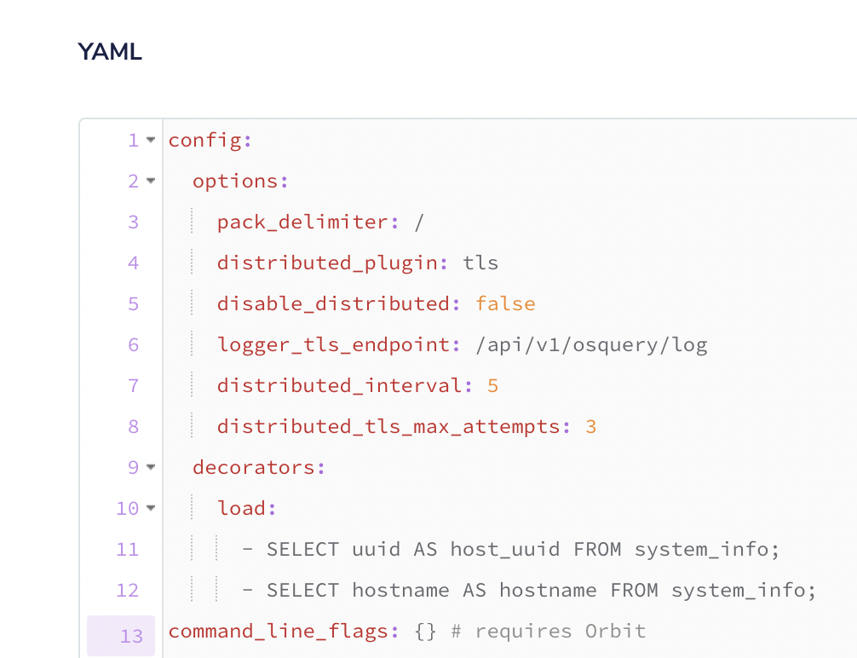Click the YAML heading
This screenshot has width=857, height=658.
click(x=110, y=52)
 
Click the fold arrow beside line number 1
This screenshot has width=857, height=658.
click(x=151, y=140)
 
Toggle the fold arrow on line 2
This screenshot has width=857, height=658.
click(x=151, y=181)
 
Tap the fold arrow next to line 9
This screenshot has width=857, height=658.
click(x=151, y=467)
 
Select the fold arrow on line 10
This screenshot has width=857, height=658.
click(x=151, y=508)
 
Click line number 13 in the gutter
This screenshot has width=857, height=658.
click(x=131, y=635)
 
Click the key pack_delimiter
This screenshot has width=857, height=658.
click(x=302, y=222)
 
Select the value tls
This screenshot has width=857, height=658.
click(x=480, y=263)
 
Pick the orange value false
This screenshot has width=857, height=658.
click(x=505, y=303)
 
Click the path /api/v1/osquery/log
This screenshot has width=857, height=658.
click(x=591, y=344)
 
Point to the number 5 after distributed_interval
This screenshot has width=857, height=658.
click(x=492, y=385)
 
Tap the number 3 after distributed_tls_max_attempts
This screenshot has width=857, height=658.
click(x=590, y=426)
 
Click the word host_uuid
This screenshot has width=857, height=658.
click(x=505, y=549)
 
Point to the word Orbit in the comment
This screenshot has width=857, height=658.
click(x=615, y=632)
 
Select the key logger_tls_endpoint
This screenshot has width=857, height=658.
click(x=333, y=344)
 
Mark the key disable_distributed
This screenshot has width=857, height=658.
click(x=333, y=303)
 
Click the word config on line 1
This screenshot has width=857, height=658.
click(x=205, y=140)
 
